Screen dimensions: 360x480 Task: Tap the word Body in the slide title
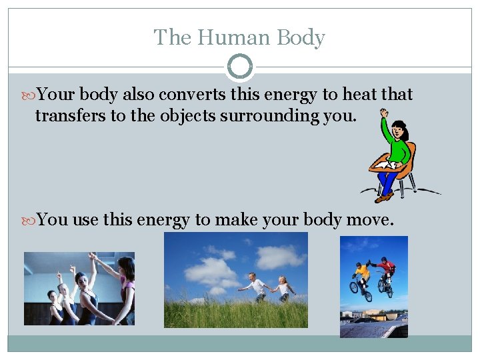click(x=300, y=37)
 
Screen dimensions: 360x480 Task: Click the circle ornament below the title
click(x=240, y=67)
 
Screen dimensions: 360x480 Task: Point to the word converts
click(x=185, y=95)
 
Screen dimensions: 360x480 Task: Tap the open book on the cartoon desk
click(x=385, y=163)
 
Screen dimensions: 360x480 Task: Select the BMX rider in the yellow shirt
click(x=362, y=273)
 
